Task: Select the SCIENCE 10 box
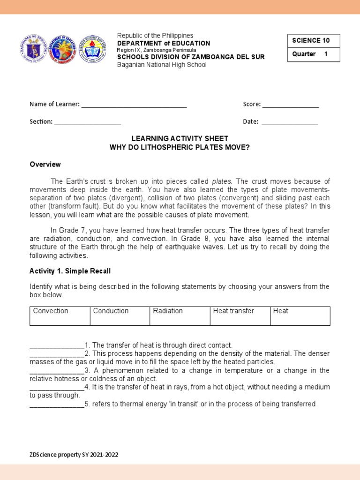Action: point(314,41)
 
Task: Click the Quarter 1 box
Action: point(314,54)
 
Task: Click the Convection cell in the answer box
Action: point(60,316)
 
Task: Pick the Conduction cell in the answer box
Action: point(120,316)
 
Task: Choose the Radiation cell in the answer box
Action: point(180,316)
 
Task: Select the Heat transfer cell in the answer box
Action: point(240,316)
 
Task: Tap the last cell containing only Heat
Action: point(300,316)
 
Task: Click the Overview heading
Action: point(45,165)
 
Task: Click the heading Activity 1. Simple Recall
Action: point(70,271)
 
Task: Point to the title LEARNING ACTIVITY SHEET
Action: point(180,139)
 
